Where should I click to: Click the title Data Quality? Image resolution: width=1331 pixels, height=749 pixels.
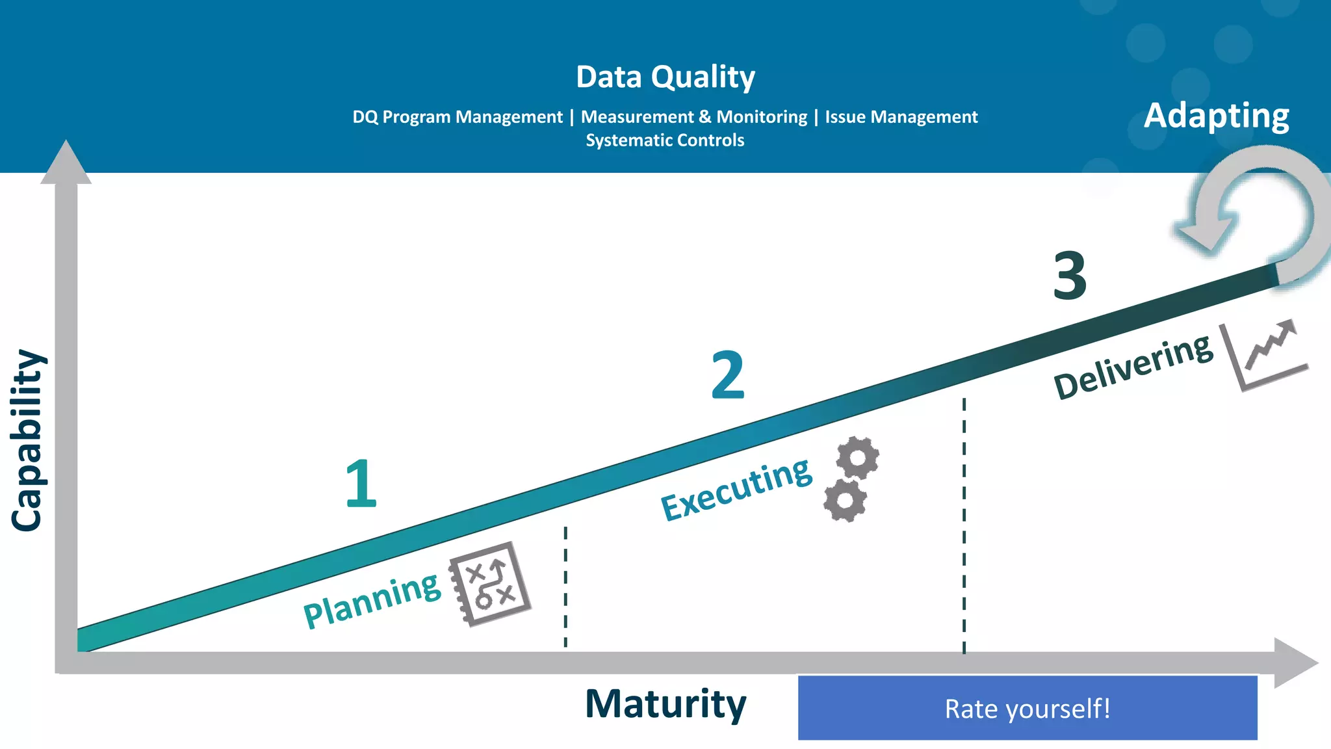pyautogui.click(x=665, y=77)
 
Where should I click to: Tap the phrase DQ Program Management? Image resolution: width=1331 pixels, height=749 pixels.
pyautogui.click(x=457, y=117)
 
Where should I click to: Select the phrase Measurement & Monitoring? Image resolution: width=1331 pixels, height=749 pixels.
pyautogui.click(x=693, y=117)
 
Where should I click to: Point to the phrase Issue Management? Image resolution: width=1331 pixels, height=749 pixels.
pyautogui.click(x=901, y=117)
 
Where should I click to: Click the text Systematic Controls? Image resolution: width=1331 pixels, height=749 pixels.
pyautogui.click(x=665, y=140)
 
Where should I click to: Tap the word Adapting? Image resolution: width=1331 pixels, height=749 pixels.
pyautogui.click(x=1216, y=116)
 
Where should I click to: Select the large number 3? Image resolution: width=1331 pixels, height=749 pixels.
pyautogui.click(x=1069, y=276)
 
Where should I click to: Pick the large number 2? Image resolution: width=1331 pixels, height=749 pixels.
pyautogui.click(x=727, y=375)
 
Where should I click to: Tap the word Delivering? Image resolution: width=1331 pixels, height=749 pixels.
pyautogui.click(x=1133, y=367)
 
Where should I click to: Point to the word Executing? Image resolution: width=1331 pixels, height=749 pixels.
pyautogui.click(x=736, y=489)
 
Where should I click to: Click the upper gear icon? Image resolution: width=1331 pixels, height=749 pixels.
pyautogui.click(x=857, y=458)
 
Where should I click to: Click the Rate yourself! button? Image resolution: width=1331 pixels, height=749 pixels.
pyautogui.click(x=1027, y=707)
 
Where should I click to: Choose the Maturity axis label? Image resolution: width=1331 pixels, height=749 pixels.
pyautogui.click(x=665, y=703)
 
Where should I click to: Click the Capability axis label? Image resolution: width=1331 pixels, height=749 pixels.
pyautogui.click(x=27, y=440)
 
